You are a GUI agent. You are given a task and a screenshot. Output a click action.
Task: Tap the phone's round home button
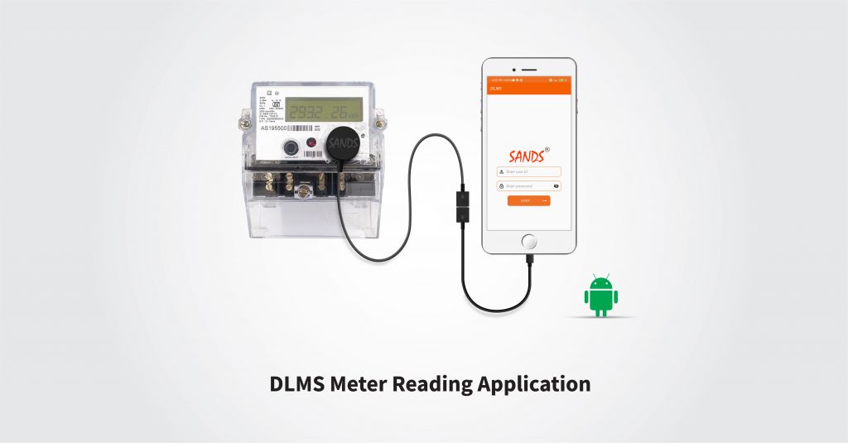pos(528,241)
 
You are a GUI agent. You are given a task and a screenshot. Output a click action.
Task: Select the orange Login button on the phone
pos(528,200)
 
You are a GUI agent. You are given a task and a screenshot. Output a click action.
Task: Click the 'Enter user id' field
pos(529,171)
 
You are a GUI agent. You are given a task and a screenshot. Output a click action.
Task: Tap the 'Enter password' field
pos(525,186)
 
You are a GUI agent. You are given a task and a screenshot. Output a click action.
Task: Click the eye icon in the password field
pos(556,186)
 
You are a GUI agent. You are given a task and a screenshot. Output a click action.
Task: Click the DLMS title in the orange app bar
pos(496,87)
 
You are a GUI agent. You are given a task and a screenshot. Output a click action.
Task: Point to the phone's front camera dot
pos(510,68)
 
